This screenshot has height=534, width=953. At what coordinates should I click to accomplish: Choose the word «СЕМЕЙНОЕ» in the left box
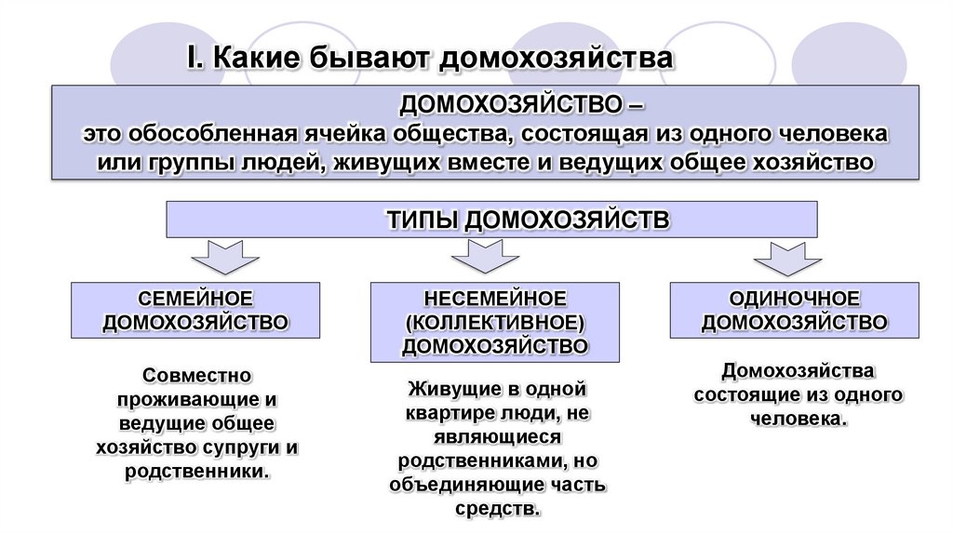[195, 299]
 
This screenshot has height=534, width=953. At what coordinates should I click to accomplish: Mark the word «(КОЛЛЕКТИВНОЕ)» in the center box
[495, 322]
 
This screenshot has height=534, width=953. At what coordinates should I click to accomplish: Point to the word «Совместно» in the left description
[196, 376]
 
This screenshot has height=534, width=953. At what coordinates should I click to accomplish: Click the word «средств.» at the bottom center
[498, 509]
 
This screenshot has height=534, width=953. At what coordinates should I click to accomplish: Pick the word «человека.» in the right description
[799, 419]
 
